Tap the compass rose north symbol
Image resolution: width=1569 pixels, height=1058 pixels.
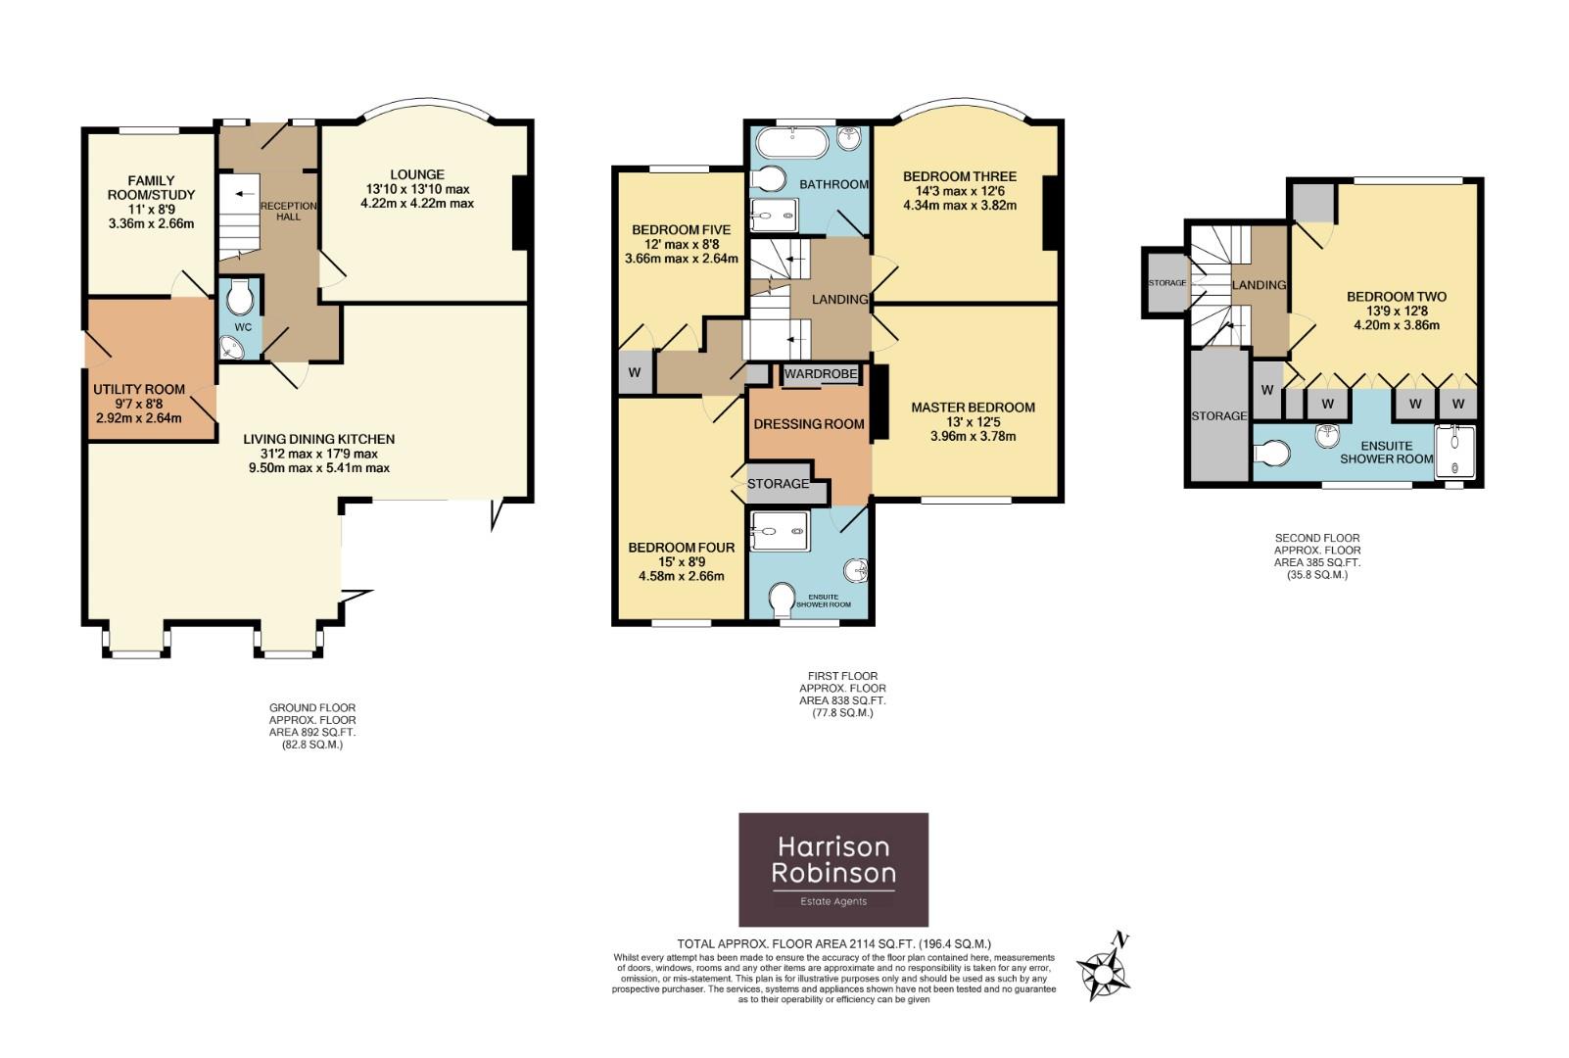pos(1106,966)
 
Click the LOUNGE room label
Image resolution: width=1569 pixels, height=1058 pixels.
pos(416,175)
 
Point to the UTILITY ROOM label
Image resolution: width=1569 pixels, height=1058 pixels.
pos(139,389)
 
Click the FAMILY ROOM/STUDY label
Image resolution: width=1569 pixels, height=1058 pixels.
pos(151,187)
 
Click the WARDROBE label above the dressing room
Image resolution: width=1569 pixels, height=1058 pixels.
pos(821,374)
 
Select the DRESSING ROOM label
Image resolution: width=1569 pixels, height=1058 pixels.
pos(808,424)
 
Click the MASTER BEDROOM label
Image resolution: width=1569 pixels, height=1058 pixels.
pos(973,408)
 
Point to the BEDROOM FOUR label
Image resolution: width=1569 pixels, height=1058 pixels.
pos(681,548)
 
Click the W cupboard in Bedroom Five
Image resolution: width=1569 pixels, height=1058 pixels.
pos(635,373)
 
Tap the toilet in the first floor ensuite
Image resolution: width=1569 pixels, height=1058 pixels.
pos(783,598)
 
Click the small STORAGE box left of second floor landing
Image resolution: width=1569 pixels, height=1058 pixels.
pos(1165,283)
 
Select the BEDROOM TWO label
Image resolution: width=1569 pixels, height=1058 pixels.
pos(1396,297)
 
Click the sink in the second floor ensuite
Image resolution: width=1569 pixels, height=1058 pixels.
pos(1328,434)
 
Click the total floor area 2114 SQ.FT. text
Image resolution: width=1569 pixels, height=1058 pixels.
pos(832,944)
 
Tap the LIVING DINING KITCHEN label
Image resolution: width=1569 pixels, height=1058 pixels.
pos(318,439)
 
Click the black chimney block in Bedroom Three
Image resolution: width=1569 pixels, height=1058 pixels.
pos(1050,213)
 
